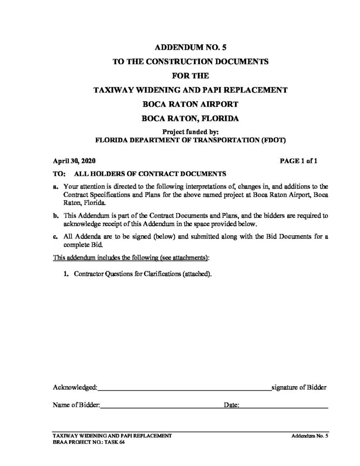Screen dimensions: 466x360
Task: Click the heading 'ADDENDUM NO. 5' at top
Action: (x=190, y=46)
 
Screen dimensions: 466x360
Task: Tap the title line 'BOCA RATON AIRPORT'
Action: (x=190, y=104)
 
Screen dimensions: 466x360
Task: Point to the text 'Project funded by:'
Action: (x=190, y=132)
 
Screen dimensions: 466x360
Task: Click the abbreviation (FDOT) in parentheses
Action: (x=271, y=140)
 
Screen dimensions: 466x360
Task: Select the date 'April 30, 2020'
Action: (x=74, y=161)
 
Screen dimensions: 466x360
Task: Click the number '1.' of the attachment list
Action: (x=66, y=275)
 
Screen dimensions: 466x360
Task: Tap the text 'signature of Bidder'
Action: (x=299, y=388)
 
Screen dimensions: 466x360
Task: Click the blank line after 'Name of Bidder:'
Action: (x=161, y=406)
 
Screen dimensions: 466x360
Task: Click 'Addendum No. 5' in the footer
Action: (x=310, y=436)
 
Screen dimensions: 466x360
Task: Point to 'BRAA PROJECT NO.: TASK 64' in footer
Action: (x=86, y=442)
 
